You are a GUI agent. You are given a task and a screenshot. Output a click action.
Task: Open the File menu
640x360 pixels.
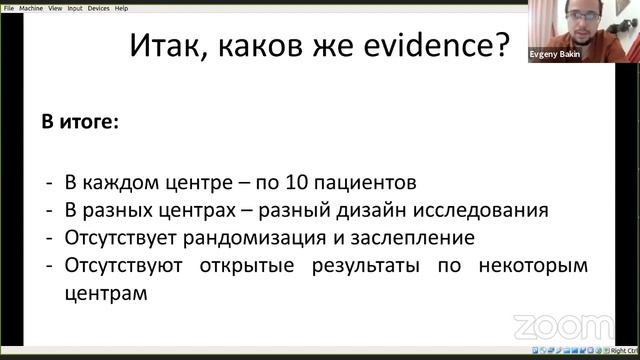[x=8, y=7]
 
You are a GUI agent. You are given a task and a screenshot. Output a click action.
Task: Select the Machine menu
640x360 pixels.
[x=31, y=7]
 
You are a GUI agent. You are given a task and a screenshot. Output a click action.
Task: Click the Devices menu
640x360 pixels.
[x=98, y=7]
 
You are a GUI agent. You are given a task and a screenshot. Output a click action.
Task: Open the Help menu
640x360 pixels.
[x=121, y=7]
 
